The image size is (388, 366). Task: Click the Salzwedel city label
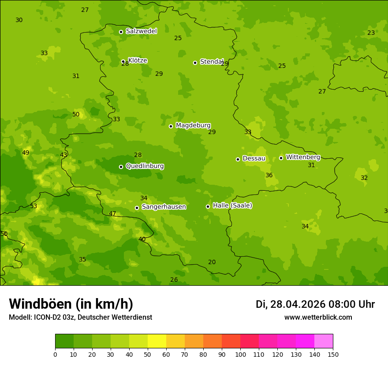[141, 31]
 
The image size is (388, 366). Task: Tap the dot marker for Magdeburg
[171, 126]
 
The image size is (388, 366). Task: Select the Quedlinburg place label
[145, 166]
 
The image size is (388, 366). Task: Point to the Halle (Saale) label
[232, 205]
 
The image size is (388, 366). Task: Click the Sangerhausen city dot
[137, 208]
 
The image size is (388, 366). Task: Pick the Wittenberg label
[303, 157]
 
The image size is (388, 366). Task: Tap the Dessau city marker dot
[238, 159]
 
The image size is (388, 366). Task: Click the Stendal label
[212, 62]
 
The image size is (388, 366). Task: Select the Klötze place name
[138, 60]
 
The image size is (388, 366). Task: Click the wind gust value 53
[34, 206]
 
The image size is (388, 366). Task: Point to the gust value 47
[112, 214]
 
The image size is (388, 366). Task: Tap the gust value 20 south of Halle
[212, 262]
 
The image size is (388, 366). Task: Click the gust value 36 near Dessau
[269, 175]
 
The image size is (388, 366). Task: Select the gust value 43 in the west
[63, 155]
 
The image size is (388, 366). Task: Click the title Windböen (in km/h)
[71, 304]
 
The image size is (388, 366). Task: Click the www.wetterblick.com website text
[318, 317]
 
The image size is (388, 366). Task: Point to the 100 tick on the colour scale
[240, 354]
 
